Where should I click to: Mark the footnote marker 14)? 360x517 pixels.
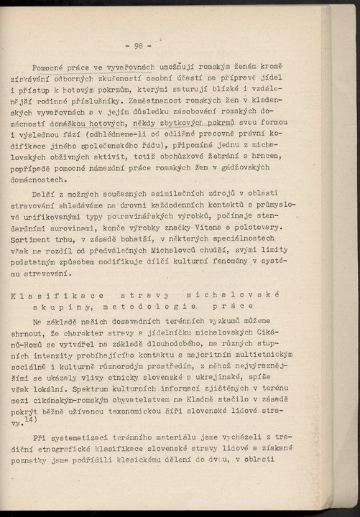(29, 419)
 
